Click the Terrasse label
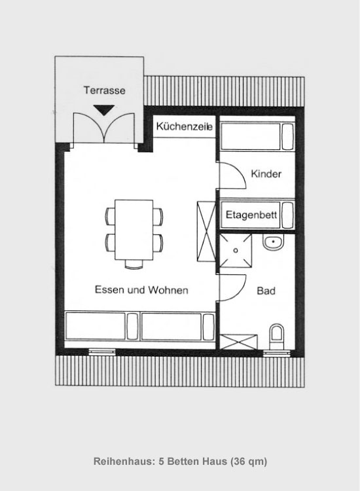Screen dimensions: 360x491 (x=104, y=90)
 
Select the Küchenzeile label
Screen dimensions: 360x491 (x=185, y=126)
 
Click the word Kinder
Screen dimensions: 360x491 (x=266, y=173)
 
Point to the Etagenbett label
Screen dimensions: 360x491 (x=251, y=215)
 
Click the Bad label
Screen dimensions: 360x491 (x=266, y=291)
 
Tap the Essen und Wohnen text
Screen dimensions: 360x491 (x=141, y=289)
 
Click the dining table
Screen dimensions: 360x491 (x=134, y=230)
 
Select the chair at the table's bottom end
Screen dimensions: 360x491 (x=134, y=264)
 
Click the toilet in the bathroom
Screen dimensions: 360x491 (x=277, y=336)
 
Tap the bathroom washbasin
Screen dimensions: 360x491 (x=273, y=243)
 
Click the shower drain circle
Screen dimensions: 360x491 (x=236, y=251)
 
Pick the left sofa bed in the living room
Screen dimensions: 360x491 (x=101, y=326)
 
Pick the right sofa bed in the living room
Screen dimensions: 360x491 (x=178, y=326)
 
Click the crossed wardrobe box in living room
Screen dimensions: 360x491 (x=206, y=231)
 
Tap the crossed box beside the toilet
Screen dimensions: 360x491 (x=238, y=342)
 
